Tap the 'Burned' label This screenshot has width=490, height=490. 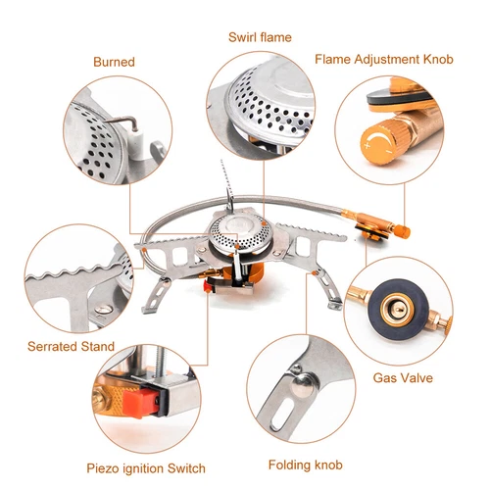114,62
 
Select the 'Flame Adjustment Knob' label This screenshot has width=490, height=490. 384,59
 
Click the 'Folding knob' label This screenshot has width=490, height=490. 306,464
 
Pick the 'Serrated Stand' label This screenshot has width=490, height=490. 71,346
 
